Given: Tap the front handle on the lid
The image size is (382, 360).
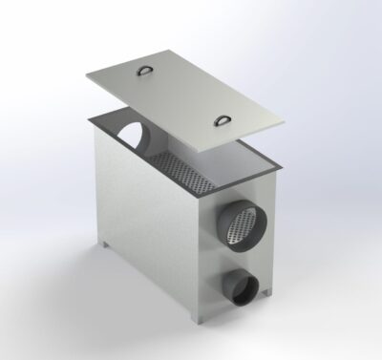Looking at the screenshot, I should click(x=222, y=118).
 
